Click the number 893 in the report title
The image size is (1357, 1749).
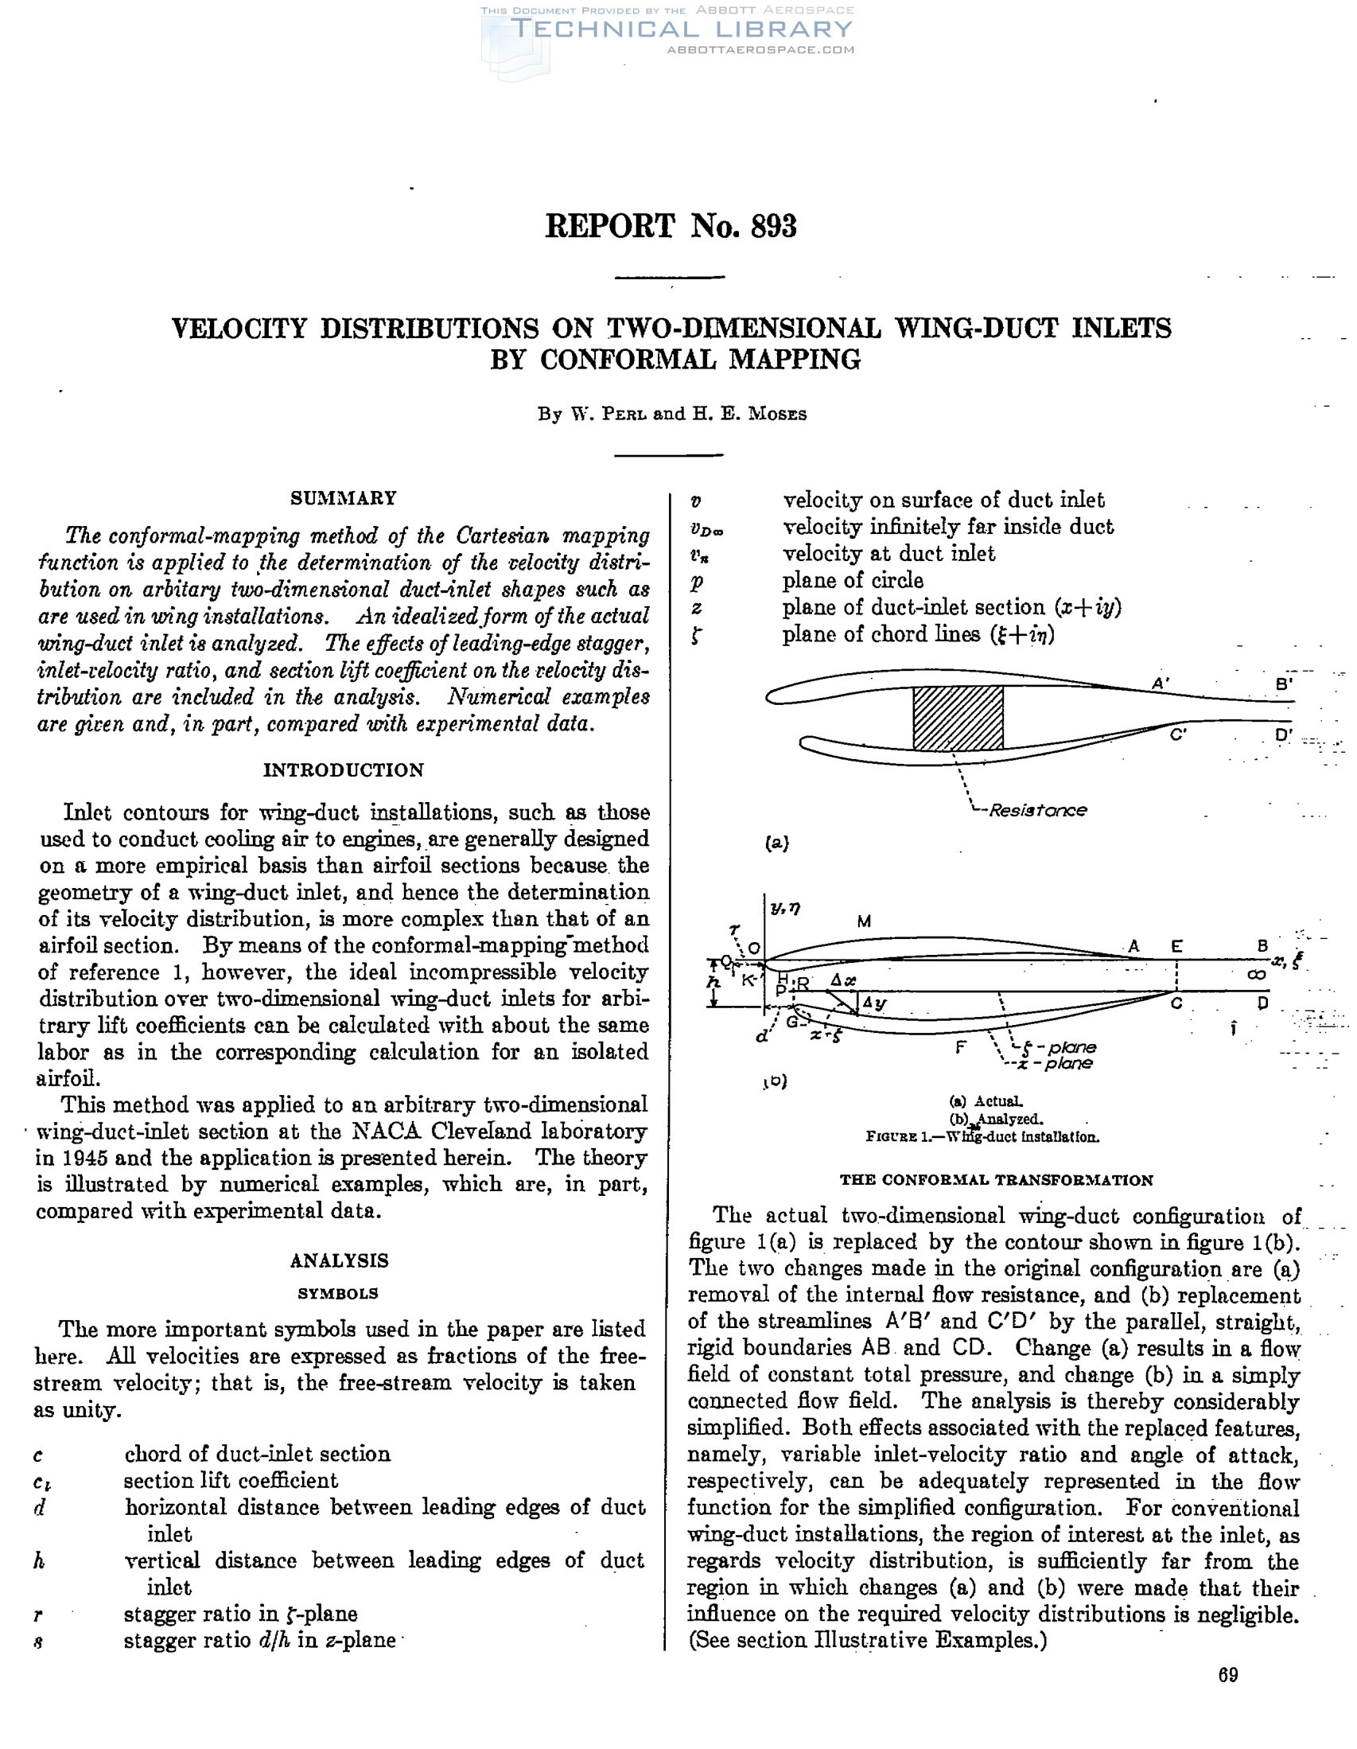pos(773,227)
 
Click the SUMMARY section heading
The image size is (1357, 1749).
pos(343,498)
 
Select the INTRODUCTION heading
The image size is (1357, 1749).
pos(344,769)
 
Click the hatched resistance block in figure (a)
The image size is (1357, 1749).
pos(958,718)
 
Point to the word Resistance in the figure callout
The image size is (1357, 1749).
pos(1037,809)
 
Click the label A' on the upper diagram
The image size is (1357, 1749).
pos(1160,683)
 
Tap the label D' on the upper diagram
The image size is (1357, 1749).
pos(1283,735)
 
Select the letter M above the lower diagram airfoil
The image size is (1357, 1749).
pos(864,921)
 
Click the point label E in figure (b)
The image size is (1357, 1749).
pos(1176,946)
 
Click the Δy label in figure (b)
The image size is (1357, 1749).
pos(874,1003)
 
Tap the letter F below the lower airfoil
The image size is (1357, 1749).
pos(961,1046)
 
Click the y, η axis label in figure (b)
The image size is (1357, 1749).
pos(785,907)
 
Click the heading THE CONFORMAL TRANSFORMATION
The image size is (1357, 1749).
pos(996,1179)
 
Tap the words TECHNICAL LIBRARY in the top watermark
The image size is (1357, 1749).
pos(682,29)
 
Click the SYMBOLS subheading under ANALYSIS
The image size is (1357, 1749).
pos(338,1293)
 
